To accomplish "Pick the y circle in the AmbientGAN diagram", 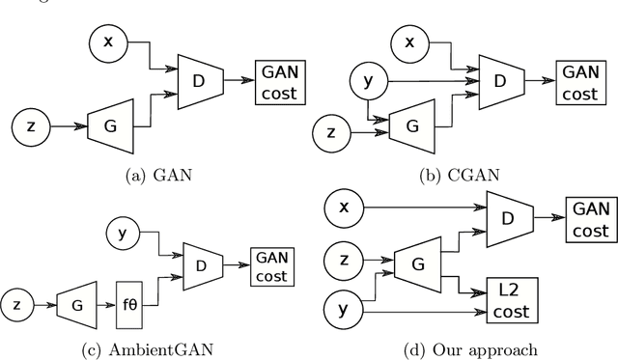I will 122,234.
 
